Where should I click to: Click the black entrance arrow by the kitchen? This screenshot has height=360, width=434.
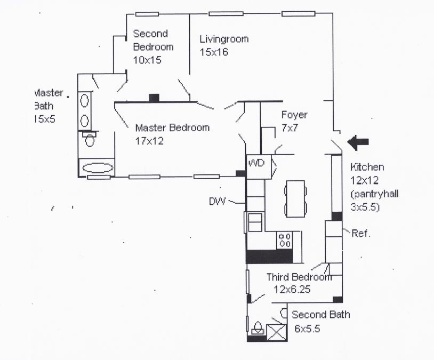coord(358,142)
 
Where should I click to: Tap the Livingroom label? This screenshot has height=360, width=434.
coord(224,39)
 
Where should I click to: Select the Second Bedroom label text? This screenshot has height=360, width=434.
coord(153,40)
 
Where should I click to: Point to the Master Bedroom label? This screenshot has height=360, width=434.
coord(172,128)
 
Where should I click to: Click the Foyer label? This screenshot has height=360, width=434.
coord(294,115)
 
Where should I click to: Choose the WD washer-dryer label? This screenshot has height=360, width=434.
coord(257,163)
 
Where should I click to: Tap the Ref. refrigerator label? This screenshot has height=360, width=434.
coord(361,233)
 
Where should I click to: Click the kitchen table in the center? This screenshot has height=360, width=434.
coord(295,197)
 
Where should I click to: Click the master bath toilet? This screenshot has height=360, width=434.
coord(89,140)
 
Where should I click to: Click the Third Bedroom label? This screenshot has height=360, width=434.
coord(299,277)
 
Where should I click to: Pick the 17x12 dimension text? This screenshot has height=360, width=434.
coord(149,141)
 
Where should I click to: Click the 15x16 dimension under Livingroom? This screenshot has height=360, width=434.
coord(214,52)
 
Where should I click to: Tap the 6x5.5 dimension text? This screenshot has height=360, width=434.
coord(308,329)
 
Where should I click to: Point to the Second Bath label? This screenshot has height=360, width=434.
coord(321,315)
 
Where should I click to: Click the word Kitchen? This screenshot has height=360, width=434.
coord(367,167)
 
